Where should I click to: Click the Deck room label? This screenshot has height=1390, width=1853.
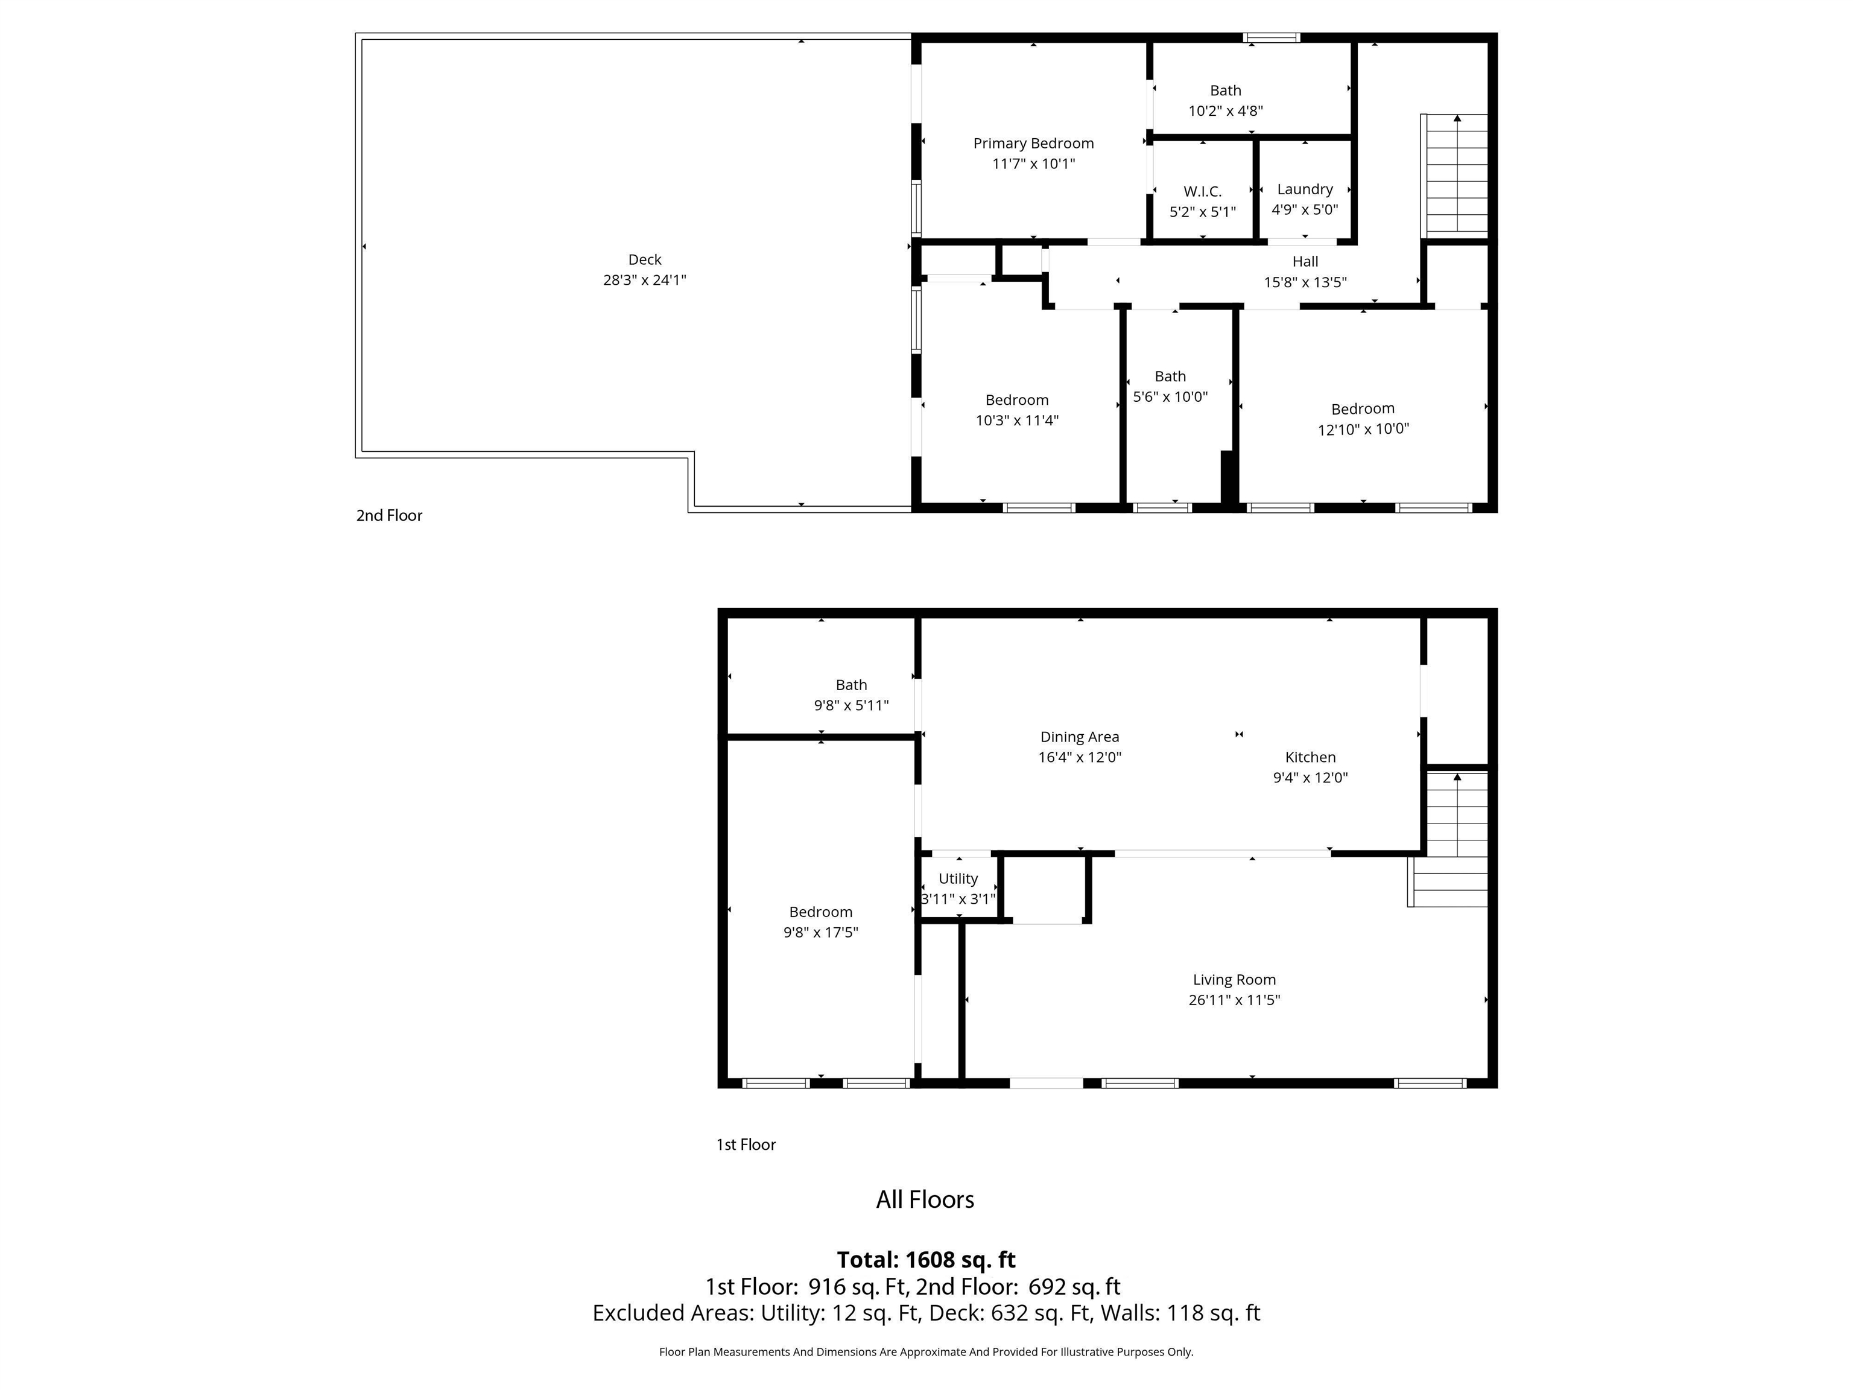[x=644, y=260]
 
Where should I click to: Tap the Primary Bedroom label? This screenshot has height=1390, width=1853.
[x=1033, y=143]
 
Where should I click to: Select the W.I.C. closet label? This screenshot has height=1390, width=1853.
[x=1202, y=192]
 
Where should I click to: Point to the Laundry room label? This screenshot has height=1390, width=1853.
[x=1304, y=189]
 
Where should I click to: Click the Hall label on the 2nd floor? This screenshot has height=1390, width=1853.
[x=1304, y=261]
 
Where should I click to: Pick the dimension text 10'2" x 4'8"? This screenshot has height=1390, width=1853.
[x=1224, y=110]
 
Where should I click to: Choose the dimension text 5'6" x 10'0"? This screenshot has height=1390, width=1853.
[x=1170, y=396]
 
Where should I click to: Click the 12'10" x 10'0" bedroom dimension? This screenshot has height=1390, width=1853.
[x=1363, y=429]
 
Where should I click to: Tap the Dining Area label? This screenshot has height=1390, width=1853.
[x=1079, y=737]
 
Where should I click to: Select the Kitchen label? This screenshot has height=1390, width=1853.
[x=1310, y=757]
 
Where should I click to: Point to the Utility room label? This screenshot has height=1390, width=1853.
[x=957, y=879]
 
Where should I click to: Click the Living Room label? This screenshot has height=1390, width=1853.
[x=1234, y=979]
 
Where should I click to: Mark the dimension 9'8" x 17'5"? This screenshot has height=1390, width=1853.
[x=820, y=933]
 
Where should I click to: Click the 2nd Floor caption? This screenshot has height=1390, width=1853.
[x=388, y=515]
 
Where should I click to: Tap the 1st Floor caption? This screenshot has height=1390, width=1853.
[x=746, y=1144]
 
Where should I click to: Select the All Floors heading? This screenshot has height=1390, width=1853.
[x=925, y=1200]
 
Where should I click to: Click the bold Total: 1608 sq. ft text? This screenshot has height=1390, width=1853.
[x=926, y=1259]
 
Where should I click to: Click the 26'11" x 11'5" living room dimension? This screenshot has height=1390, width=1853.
[x=1234, y=1000]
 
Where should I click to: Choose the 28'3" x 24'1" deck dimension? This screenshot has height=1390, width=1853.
[x=644, y=280]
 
